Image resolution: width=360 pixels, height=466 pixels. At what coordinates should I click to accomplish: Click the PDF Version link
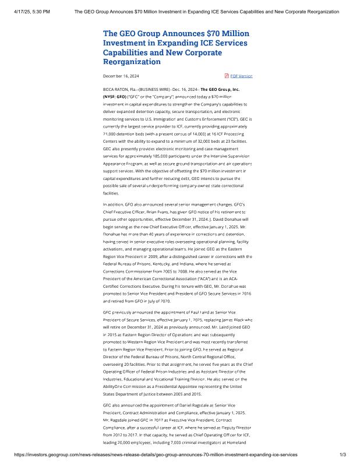pyautogui.click(x=241, y=76)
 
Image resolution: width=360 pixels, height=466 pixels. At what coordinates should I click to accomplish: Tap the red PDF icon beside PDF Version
pyautogui.click(x=227, y=76)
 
